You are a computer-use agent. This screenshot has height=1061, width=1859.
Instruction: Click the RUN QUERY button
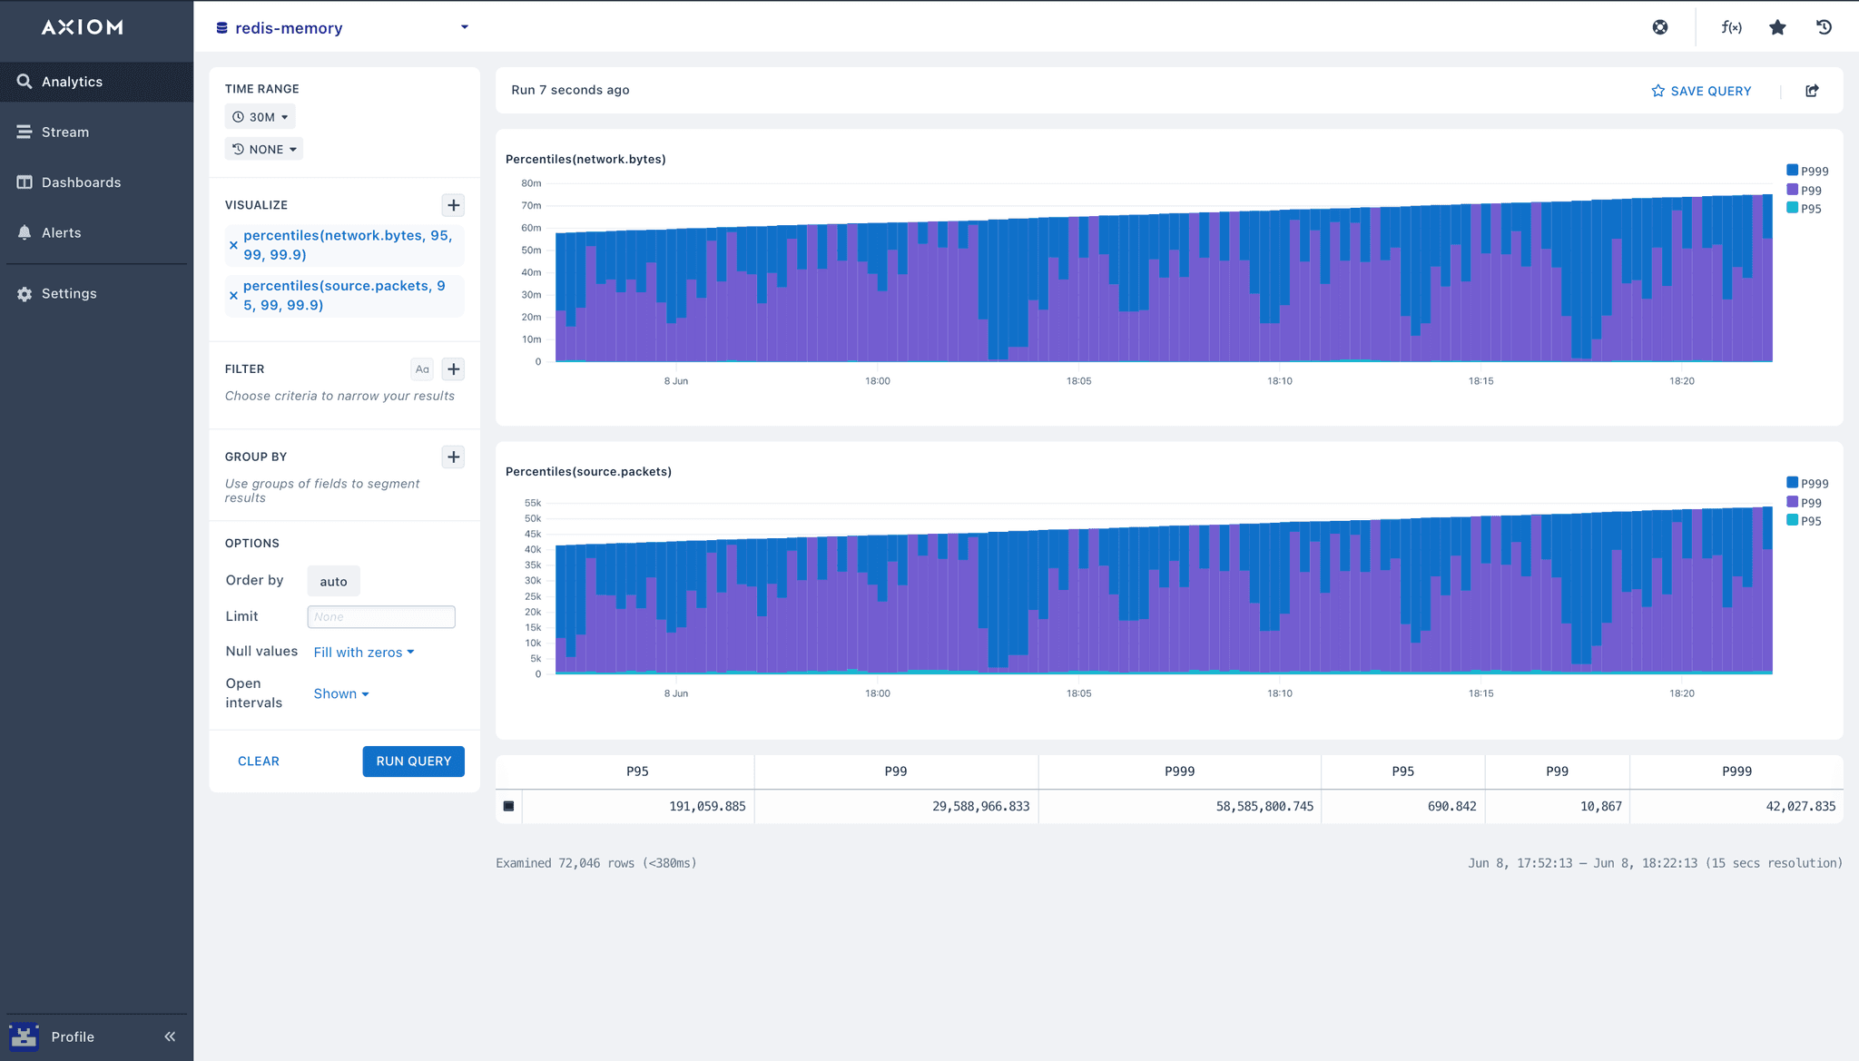point(413,761)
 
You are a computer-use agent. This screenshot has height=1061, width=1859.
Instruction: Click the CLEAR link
point(259,761)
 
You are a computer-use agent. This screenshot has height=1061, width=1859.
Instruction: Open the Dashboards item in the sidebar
point(81,182)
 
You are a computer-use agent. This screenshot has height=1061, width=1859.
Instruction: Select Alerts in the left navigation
point(61,233)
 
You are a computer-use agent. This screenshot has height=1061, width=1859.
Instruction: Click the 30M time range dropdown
point(261,117)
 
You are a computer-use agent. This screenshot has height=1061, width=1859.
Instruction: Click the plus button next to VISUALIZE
point(454,205)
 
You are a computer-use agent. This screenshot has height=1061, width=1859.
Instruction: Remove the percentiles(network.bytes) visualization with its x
point(233,246)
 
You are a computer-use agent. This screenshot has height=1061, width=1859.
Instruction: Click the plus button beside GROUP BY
point(454,457)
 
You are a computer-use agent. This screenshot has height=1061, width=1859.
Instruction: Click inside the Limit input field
point(381,617)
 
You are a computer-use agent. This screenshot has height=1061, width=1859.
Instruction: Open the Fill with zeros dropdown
point(363,653)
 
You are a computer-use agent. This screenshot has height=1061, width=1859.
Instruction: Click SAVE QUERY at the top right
point(1701,91)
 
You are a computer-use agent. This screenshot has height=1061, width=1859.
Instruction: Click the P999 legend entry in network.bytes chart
point(1807,172)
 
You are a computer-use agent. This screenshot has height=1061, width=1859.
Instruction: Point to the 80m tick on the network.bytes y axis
point(531,183)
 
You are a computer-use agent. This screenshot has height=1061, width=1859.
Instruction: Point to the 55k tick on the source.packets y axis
point(533,503)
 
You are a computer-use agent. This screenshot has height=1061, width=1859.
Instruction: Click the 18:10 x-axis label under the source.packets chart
point(1280,693)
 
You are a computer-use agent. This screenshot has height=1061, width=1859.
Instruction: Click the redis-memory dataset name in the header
point(289,28)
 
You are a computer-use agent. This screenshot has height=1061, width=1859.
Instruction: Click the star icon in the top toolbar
point(1777,27)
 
